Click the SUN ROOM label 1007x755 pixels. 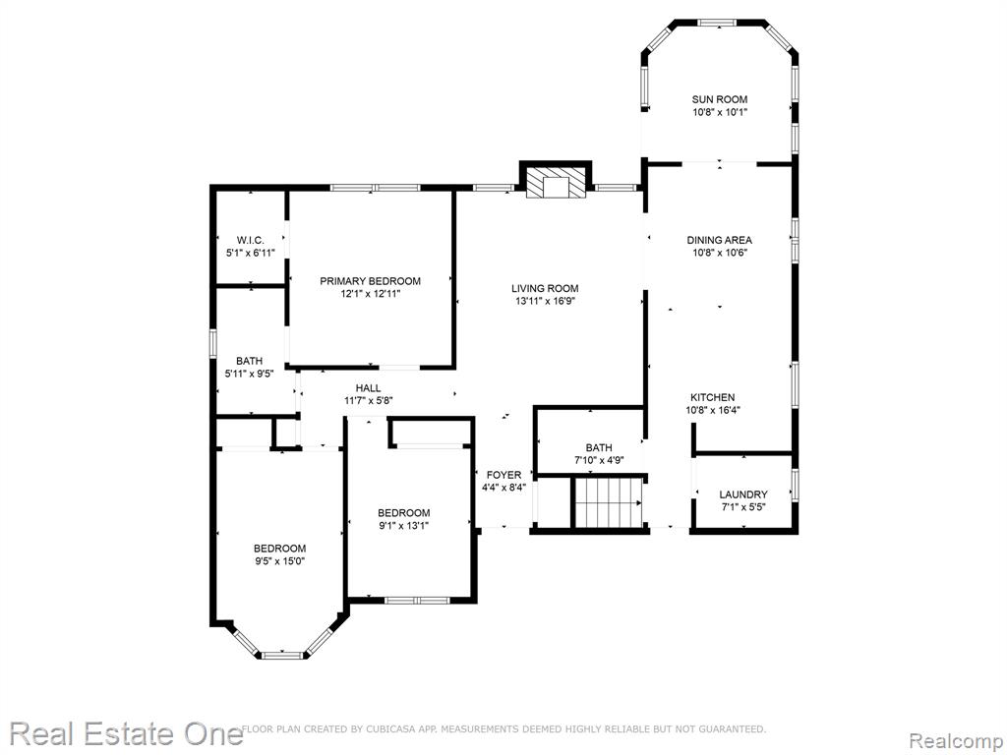pos(719,99)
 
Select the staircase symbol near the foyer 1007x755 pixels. pos(608,502)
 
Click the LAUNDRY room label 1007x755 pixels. pos(743,494)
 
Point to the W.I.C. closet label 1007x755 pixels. pos(251,240)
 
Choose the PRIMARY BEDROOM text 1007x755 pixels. pos(371,281)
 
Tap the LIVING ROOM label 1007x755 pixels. pos(545,289)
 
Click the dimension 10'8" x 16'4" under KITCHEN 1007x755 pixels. pos(714,410)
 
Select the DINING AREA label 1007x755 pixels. pos(719,240)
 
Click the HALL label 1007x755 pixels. pos(368,388)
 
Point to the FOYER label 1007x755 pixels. pos(504,475)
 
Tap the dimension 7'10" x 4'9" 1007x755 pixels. pos(599,460)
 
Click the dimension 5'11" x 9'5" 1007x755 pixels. pos(249,374)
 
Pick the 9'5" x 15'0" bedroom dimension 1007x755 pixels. pos(279,561)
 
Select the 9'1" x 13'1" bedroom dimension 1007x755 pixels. pos(403,526)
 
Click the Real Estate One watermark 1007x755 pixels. pos(126,733)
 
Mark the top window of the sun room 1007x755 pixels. pos(717,24)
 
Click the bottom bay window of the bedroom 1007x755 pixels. pos(282,656)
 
